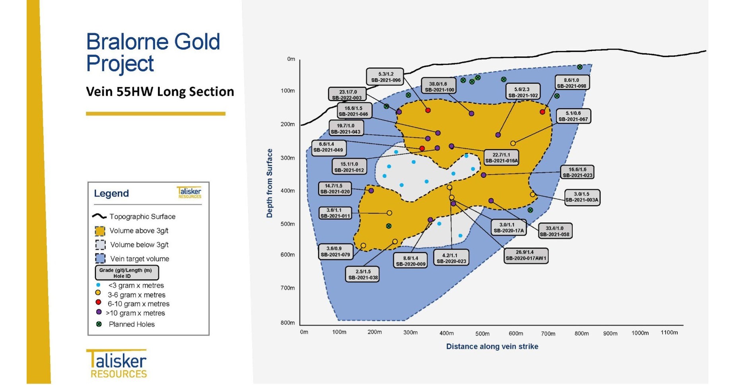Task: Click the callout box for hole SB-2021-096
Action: point(385,77)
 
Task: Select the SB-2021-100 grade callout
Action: point(439,87)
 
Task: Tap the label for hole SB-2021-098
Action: point(572,83)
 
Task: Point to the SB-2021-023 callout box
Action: point(577,172)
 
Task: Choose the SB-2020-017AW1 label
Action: point(526,255)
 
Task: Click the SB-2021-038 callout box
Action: point(362,274)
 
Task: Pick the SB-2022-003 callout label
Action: point(347,95)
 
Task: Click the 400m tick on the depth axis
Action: point(288,191)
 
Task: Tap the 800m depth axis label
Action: point(288,323)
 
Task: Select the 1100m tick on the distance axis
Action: point(669,332)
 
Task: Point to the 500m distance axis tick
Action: point(482,333)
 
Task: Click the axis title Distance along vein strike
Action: point(492,346)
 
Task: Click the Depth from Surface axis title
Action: point(270,183)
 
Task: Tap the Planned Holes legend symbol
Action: point(99,324)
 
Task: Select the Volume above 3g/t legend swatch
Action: point(100,231)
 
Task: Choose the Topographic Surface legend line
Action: point(99,216)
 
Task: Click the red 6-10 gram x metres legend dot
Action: point(98,302)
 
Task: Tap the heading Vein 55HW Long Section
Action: point(160,92)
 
